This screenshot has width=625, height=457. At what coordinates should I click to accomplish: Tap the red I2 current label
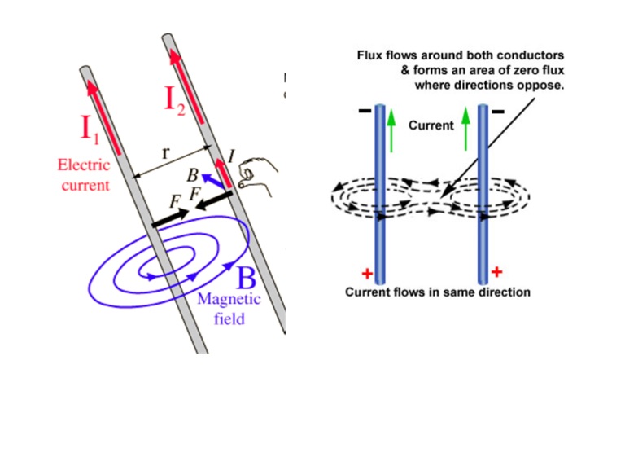[x=181, y=99]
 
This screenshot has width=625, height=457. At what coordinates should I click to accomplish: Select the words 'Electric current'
[x=83, y=174]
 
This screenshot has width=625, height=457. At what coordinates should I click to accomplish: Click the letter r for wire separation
[x=167, y=152]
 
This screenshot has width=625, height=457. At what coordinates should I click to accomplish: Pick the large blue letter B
[x=247, y=279]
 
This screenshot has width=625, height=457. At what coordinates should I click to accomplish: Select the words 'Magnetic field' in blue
[x=229, y=308]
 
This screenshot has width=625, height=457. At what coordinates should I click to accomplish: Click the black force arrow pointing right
[x=169, y=218]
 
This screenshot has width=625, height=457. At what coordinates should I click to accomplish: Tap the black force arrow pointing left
[x=214, y=200]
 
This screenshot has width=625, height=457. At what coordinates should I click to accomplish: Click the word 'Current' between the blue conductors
[x=431, y=126]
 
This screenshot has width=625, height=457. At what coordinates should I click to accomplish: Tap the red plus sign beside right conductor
[x=497, y=271]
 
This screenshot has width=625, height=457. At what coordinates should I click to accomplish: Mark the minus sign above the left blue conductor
[x=363, y=110]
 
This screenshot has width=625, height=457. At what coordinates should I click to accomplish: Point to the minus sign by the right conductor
[x=497, y=109]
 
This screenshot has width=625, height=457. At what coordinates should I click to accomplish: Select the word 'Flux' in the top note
[x=370, y=55]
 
